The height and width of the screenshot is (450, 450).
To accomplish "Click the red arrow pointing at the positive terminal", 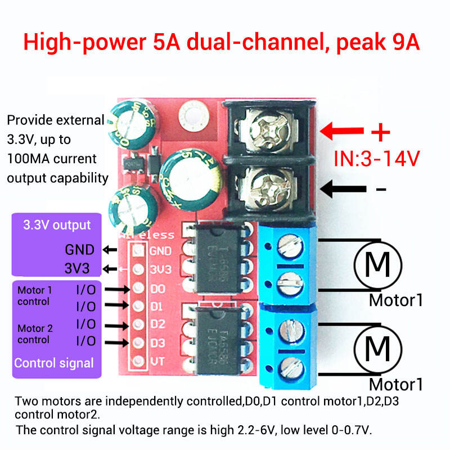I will click(343, 132).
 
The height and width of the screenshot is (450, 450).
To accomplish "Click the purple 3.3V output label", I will click(56, 225).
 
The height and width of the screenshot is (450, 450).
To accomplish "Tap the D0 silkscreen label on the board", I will click(157, 288).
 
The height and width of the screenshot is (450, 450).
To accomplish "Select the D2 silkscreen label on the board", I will click(157, 325).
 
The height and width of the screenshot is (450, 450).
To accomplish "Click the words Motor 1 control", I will click(34, 296).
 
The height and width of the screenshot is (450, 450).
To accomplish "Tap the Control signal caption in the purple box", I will click(54, 362).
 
